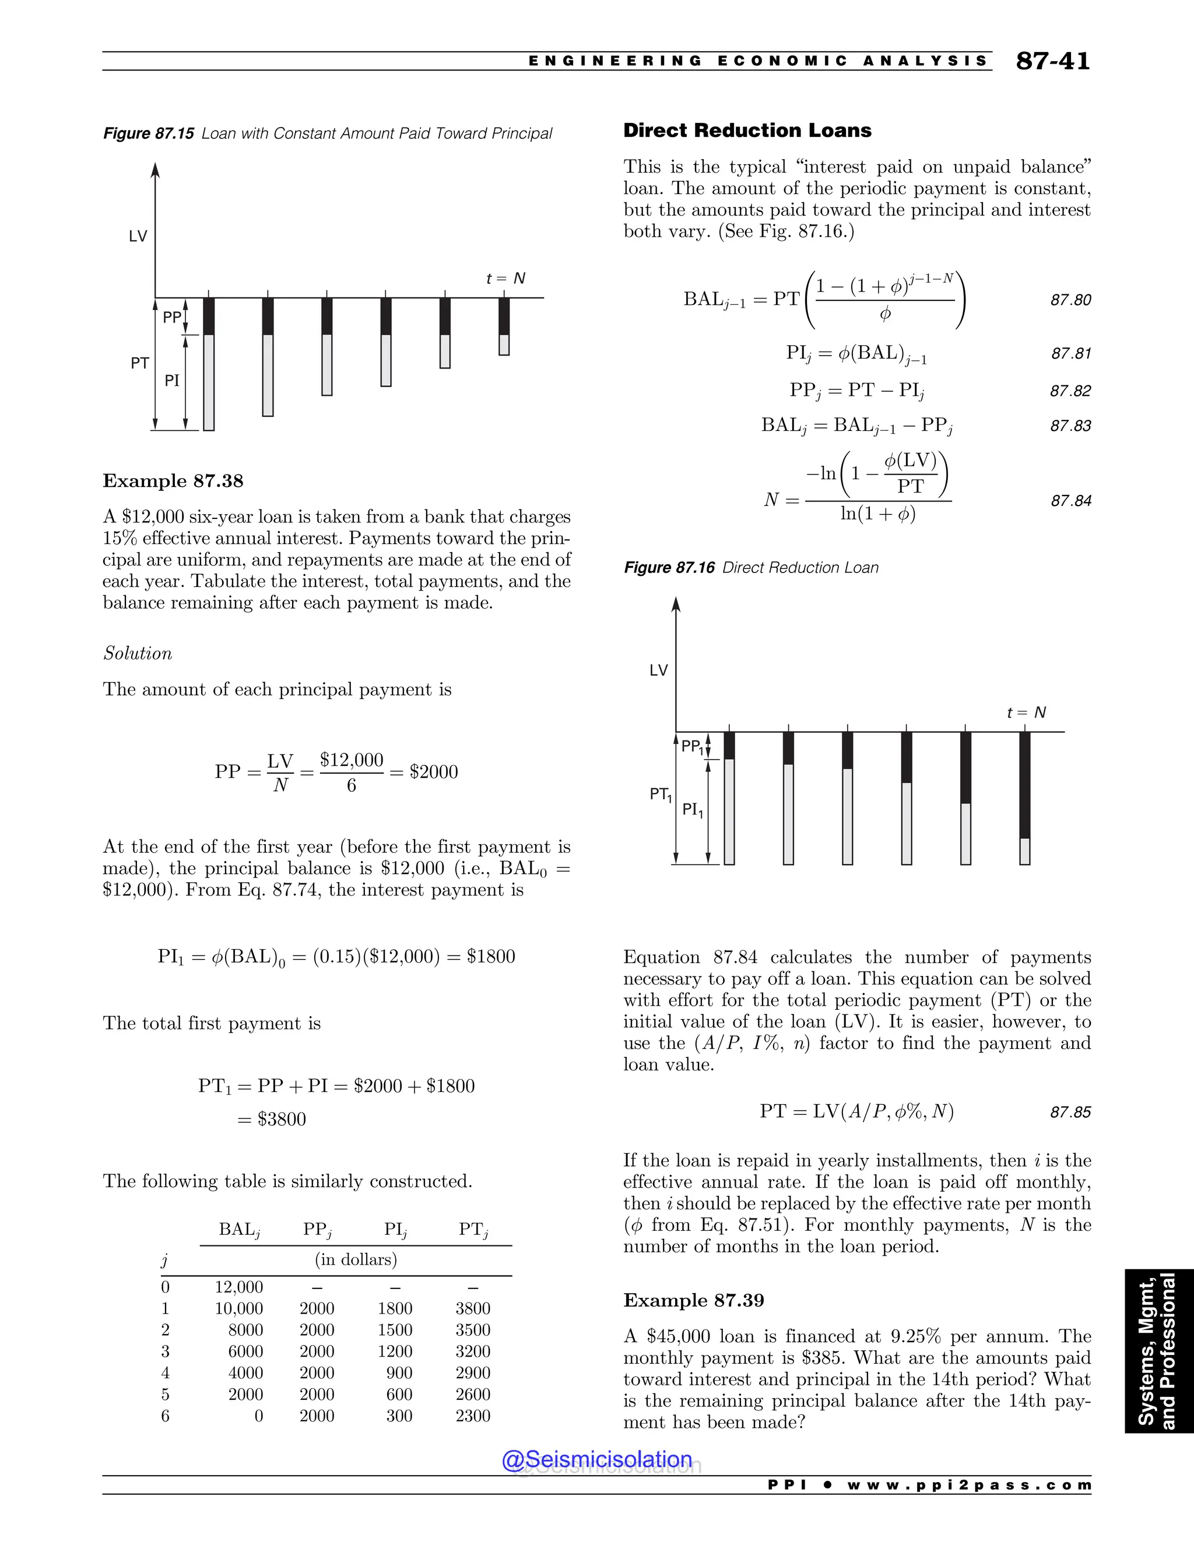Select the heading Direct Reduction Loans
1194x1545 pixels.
click(x=747, y=130)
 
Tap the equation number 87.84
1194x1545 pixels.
click(x=1070, y=501)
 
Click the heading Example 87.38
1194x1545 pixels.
click(x=173, y=481)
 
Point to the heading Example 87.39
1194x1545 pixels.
click(x=693, y=1300)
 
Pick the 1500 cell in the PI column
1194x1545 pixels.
click(x=395, y=1330)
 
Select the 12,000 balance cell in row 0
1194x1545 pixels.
click(x=239, y=1287)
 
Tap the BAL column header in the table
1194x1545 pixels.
click(x=239, y=1230)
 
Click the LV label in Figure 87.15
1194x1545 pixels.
click(x=138, y=236)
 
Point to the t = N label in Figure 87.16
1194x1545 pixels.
click(x=1026, y=712)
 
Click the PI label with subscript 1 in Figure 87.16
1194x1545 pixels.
click(x=692, y=810)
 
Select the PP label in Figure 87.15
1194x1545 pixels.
click(x=172, y=318)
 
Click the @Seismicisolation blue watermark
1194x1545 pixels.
click(x=597, y=1459)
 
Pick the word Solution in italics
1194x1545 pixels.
click(x=137, y=653)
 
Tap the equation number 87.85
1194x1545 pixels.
click(x=1070, y=1112)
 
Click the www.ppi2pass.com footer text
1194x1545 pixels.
click(x=969, y=1485)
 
